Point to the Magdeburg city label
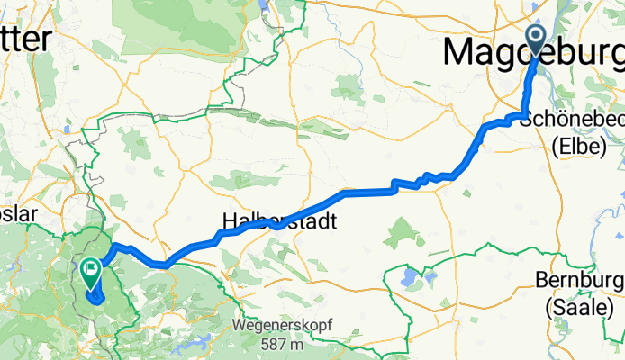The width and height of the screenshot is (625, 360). (531, 54)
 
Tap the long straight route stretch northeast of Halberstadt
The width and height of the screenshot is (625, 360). (369, 191)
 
